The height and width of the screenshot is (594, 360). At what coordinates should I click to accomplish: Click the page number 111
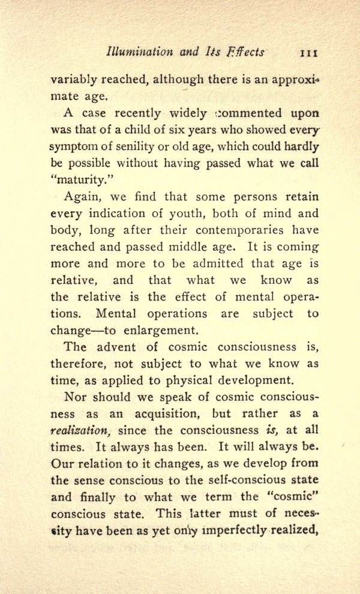pyautogui.click(x=308, y=52)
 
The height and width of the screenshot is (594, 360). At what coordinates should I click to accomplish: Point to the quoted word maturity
pyautogui.click(x=76, y=179)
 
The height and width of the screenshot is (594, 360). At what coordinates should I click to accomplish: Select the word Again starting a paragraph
pyautogui.click(x=79, y=196)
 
